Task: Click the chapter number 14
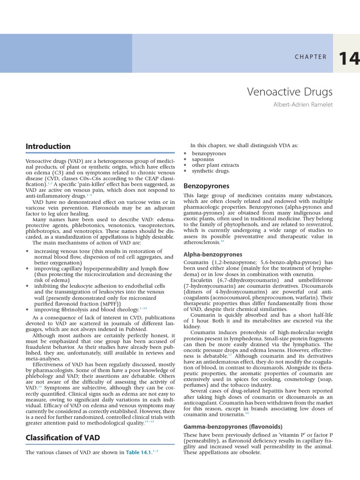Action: click(x=349, y=58)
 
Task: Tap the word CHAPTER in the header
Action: click(x=311, y=57)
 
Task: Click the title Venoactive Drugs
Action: click(x=290, y=91)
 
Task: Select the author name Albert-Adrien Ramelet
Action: click(x=302, y=105)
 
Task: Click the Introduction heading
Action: click(x=48, y=146)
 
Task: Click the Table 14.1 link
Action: click(x=139, y=452)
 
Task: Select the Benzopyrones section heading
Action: click(x=206, y=186)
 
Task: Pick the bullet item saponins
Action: click(x=202, y=159)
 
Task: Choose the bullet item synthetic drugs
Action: click(x=211, y=171)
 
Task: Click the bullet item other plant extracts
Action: click(x=215, y=165)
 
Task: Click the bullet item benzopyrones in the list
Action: click(x=209, y=153)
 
